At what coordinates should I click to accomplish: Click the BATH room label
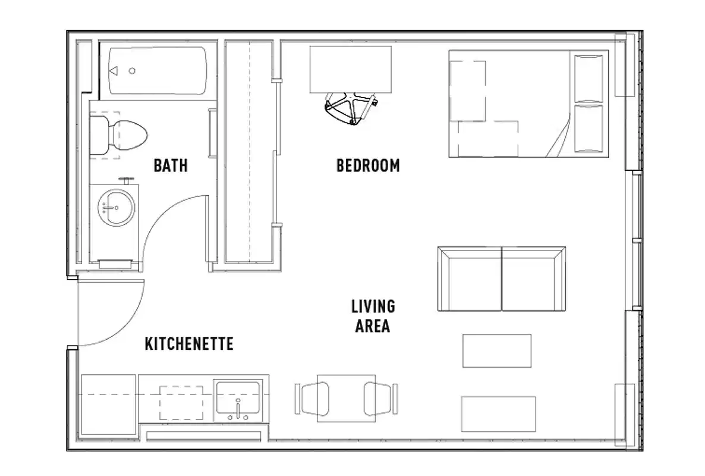pos(171,165)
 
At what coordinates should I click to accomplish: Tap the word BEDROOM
pos(368,165)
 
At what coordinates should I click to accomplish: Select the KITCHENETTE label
pos(188,343)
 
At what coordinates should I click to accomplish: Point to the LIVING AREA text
pos(373,317)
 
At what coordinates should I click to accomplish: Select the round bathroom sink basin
pos(116,208)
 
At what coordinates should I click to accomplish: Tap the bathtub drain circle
pos(132,71)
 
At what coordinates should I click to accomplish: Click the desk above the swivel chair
pos(350,69)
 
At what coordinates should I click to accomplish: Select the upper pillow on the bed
pos(588,78)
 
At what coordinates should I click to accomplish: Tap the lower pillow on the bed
pos(588,129)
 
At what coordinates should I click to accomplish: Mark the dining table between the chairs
pos(346,398)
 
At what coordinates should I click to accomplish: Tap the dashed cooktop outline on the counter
pos(181,403)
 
